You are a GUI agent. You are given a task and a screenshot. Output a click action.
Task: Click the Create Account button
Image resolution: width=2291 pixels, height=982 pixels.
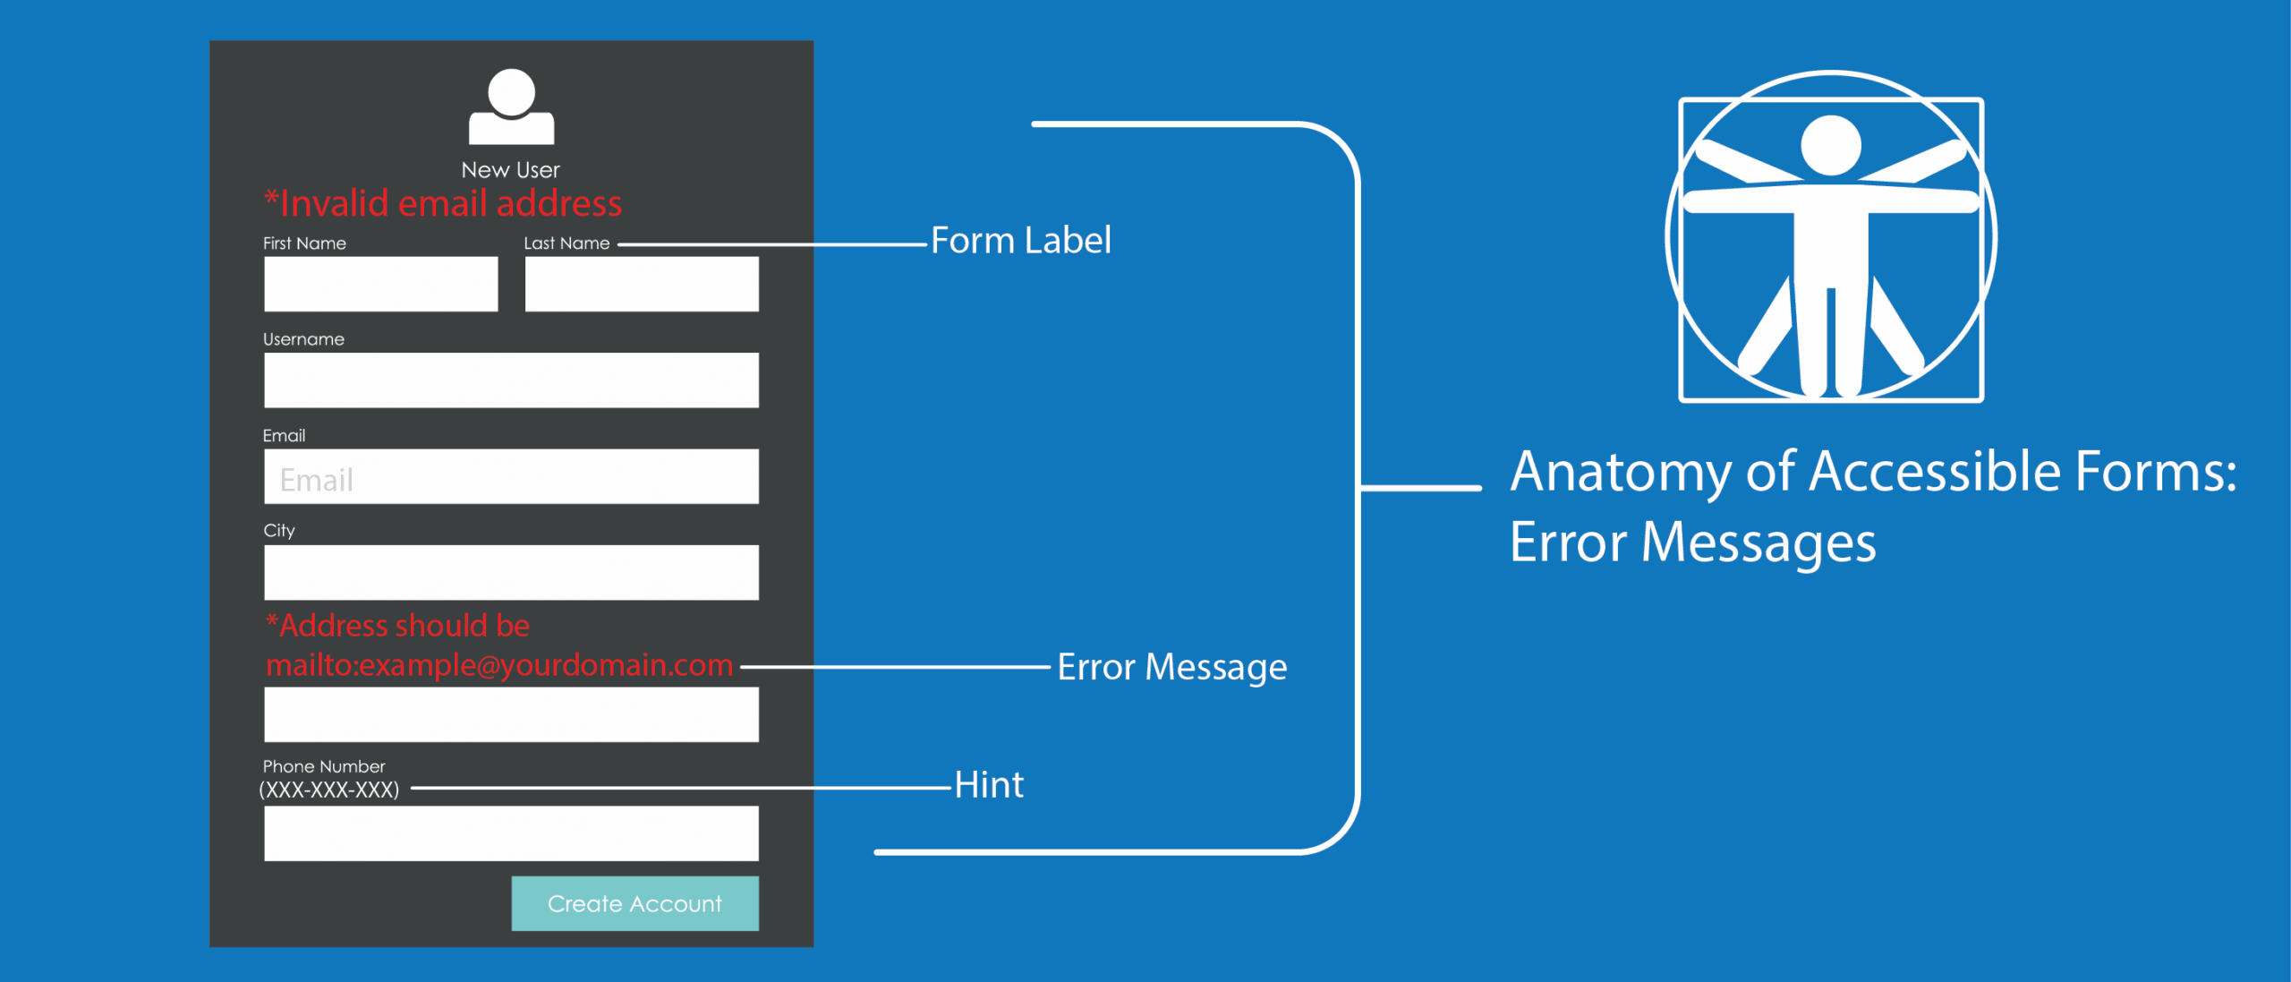(634, 903)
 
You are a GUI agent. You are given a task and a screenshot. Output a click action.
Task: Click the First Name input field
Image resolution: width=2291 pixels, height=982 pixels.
(380, 284)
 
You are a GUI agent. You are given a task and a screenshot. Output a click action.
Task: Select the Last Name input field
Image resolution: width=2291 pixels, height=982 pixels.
(642, 284)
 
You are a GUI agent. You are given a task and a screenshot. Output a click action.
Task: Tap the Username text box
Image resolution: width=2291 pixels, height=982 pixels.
(511, 380)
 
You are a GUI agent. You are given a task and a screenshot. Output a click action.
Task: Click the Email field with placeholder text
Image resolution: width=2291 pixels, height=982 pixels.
(511, 476)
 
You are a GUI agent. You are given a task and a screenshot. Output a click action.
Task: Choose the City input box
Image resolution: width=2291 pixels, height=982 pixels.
(511, 572)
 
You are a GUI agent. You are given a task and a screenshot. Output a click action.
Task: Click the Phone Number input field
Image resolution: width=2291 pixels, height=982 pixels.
(511, 833)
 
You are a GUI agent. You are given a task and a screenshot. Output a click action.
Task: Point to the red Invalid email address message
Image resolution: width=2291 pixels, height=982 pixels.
(443, 204)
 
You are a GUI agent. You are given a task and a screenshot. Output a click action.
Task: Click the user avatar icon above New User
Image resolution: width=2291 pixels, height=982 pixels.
(511, 107)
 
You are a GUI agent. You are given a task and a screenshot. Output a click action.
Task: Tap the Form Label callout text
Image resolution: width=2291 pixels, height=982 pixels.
(1020, 241)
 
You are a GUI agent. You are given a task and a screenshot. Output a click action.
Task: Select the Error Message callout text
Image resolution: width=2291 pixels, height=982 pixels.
(1171, 667)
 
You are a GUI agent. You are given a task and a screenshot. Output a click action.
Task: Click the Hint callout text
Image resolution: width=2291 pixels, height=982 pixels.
(988, 785)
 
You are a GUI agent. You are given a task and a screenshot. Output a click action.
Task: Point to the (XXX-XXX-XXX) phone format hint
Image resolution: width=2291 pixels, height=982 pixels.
(329, 790)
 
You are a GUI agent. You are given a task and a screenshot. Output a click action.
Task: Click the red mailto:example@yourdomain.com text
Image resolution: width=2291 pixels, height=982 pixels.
(499, 665)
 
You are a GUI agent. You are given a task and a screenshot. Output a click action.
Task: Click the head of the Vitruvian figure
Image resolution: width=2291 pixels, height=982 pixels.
(1830, 146)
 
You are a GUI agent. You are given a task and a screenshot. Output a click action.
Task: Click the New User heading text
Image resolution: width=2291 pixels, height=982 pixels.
(510, 170)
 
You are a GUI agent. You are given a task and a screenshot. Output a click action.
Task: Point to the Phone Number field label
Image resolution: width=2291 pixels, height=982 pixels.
(324, 766)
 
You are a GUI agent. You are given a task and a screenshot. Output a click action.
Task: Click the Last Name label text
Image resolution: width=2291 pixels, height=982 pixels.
(566, 243)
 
